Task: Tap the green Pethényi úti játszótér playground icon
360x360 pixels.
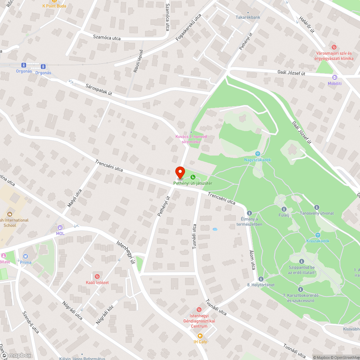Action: pos(193,177)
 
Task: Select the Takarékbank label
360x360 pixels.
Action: pos(248,17)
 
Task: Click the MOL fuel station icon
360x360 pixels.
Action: pos(59,228)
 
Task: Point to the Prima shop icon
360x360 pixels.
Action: pos(25,256)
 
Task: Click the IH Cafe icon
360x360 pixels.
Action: pos(200,336)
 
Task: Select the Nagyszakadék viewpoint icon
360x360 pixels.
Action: pos(258,154)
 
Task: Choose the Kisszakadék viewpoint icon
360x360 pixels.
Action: pos(318,235)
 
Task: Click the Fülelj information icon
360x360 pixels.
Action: pos(284,209)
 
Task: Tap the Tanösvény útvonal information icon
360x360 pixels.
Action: pos(317,207)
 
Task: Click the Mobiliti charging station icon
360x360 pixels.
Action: pos(334,77)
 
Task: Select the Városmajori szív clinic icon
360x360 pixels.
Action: pos(334,47)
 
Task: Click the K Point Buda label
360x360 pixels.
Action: pos(54,6)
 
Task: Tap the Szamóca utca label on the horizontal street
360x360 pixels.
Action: pos(107,38)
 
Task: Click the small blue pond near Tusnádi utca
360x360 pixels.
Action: pos(215,229)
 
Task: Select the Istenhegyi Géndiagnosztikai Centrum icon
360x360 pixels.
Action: pos(199,310)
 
